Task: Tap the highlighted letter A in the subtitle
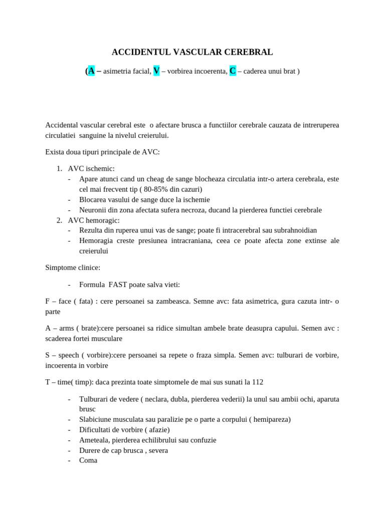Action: pyautogui.click(x=91, y=71)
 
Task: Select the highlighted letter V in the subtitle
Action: pyautogui.click(x=156, y=71)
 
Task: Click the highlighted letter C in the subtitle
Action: pyautogui.click(x=233, y=71)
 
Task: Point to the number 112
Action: pyautogui.click(x=257, y=382)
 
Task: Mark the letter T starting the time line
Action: pyautogui.click(x=47, y=382)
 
